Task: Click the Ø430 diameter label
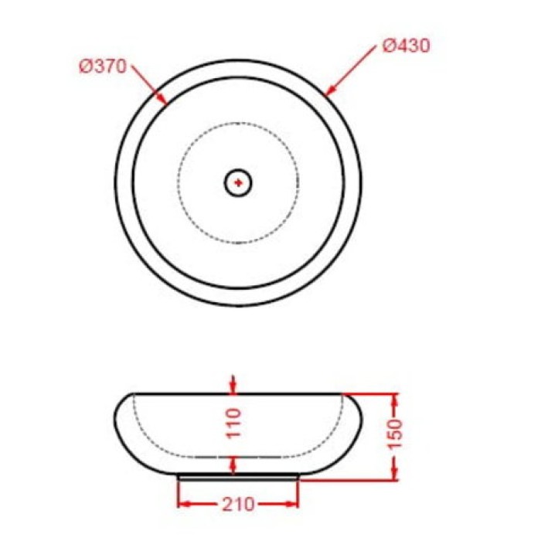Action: tap(407, 46)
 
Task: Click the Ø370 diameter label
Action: tap(102, 67)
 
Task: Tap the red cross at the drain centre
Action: tap(239, 182)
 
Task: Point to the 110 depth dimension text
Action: tap(236, 424)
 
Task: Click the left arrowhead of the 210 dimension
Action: tap(184, 505)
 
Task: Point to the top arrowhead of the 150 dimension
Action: tap(395, 400)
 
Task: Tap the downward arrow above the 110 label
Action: tap(235, 386)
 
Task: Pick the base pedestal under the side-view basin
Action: tap(238, 476)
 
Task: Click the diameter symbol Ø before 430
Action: tap(390, 46)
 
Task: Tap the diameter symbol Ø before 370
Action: tap(85, 67)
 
